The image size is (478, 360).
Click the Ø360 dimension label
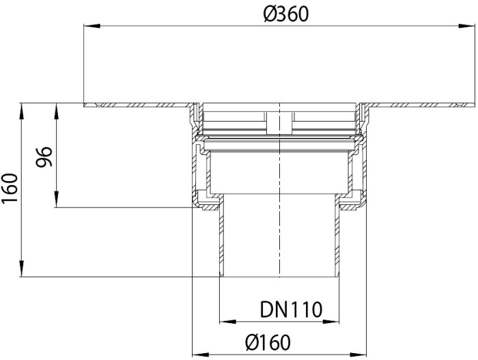tap(286, 14)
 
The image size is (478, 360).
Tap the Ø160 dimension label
tap(268, 342)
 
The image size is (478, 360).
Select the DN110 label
tap(291, 309)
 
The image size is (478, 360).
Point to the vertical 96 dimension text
tap(44, 157)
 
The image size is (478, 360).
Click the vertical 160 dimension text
tap(10, 188)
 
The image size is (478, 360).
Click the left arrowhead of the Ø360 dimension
tap(92, 26)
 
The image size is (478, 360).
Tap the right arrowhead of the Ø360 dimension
tap(466, 26)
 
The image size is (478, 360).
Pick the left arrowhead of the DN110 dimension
tap(227, 322)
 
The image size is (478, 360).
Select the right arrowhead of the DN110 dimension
tap(331, 322)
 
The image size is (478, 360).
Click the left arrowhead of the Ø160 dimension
tap(200, 355)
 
